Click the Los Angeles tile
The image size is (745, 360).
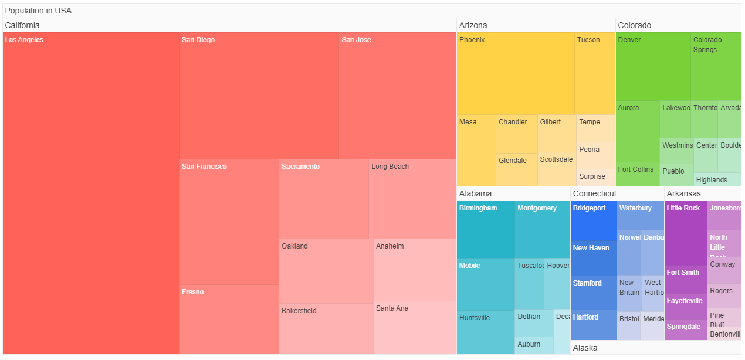coord(91,193)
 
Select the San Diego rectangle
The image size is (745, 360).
coord(259,97)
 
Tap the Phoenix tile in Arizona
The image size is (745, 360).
coord(515,74)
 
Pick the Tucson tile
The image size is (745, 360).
coord(595,74)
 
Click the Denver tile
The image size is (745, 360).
coord(653,67)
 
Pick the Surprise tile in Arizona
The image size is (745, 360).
coord(595,177)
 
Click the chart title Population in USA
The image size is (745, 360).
coord(39,11)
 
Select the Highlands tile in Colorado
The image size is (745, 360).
coord(717,179)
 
